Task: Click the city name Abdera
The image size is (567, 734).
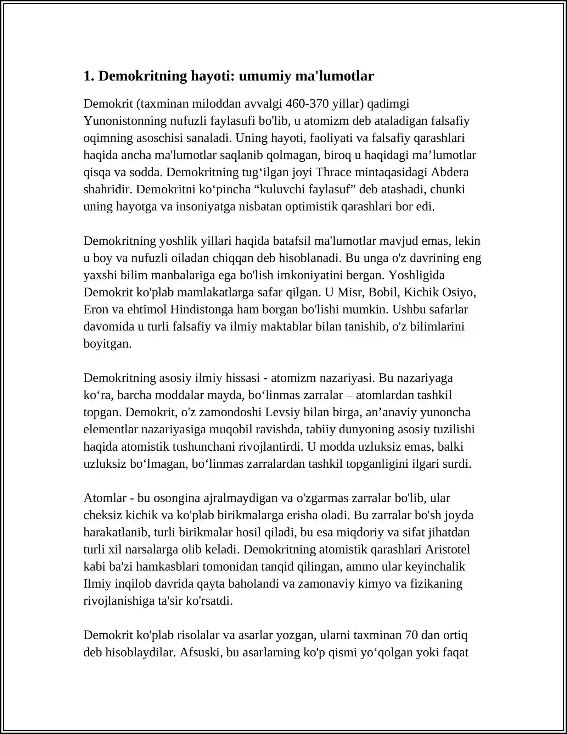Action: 450,172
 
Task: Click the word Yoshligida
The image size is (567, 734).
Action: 416,275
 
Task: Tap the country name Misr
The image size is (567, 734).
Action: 350,292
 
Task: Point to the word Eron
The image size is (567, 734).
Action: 96,309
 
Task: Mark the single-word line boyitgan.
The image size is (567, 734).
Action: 107,343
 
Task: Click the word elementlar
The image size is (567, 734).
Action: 111,429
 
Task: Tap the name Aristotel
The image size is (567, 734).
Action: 447,549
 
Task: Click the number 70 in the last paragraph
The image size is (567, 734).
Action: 411,635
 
